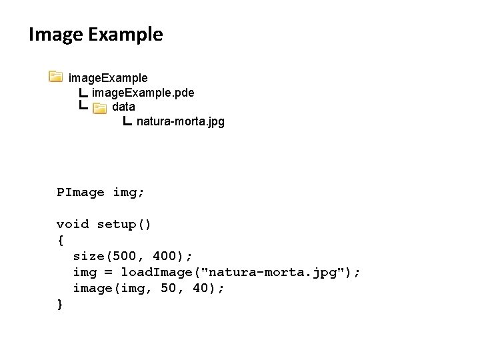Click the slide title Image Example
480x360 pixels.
pos(95,34)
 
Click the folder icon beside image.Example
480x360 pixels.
pos(56,77)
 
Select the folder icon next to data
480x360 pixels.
pos(99,107)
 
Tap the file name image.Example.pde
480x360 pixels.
pos(143,92)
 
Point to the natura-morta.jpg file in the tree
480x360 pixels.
pos(180,121)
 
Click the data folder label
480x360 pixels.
pos(123,107)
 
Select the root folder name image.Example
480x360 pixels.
pos(108,77)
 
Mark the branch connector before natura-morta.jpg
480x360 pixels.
pos(128,121)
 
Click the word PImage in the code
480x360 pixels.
pos(81,192)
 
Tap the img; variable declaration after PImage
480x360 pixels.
pos(128,192)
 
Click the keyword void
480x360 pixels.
pos(73,224)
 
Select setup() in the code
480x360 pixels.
pos(124,224)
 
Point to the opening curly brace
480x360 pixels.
pos(60,240)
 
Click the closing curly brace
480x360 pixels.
pos(60,304)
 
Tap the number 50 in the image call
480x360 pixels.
pos(169,288)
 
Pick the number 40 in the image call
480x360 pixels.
pos(202,288)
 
